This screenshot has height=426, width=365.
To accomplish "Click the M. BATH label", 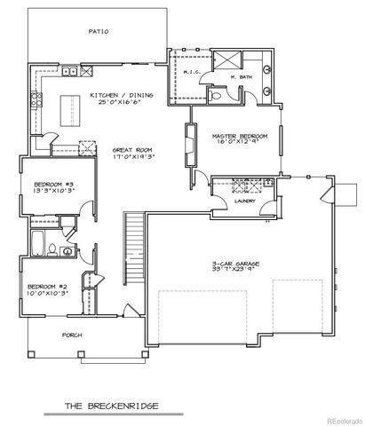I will tap(239, 77).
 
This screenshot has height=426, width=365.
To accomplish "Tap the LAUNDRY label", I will tap(246, 201).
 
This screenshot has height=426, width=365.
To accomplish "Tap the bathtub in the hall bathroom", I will tap(40, 241).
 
